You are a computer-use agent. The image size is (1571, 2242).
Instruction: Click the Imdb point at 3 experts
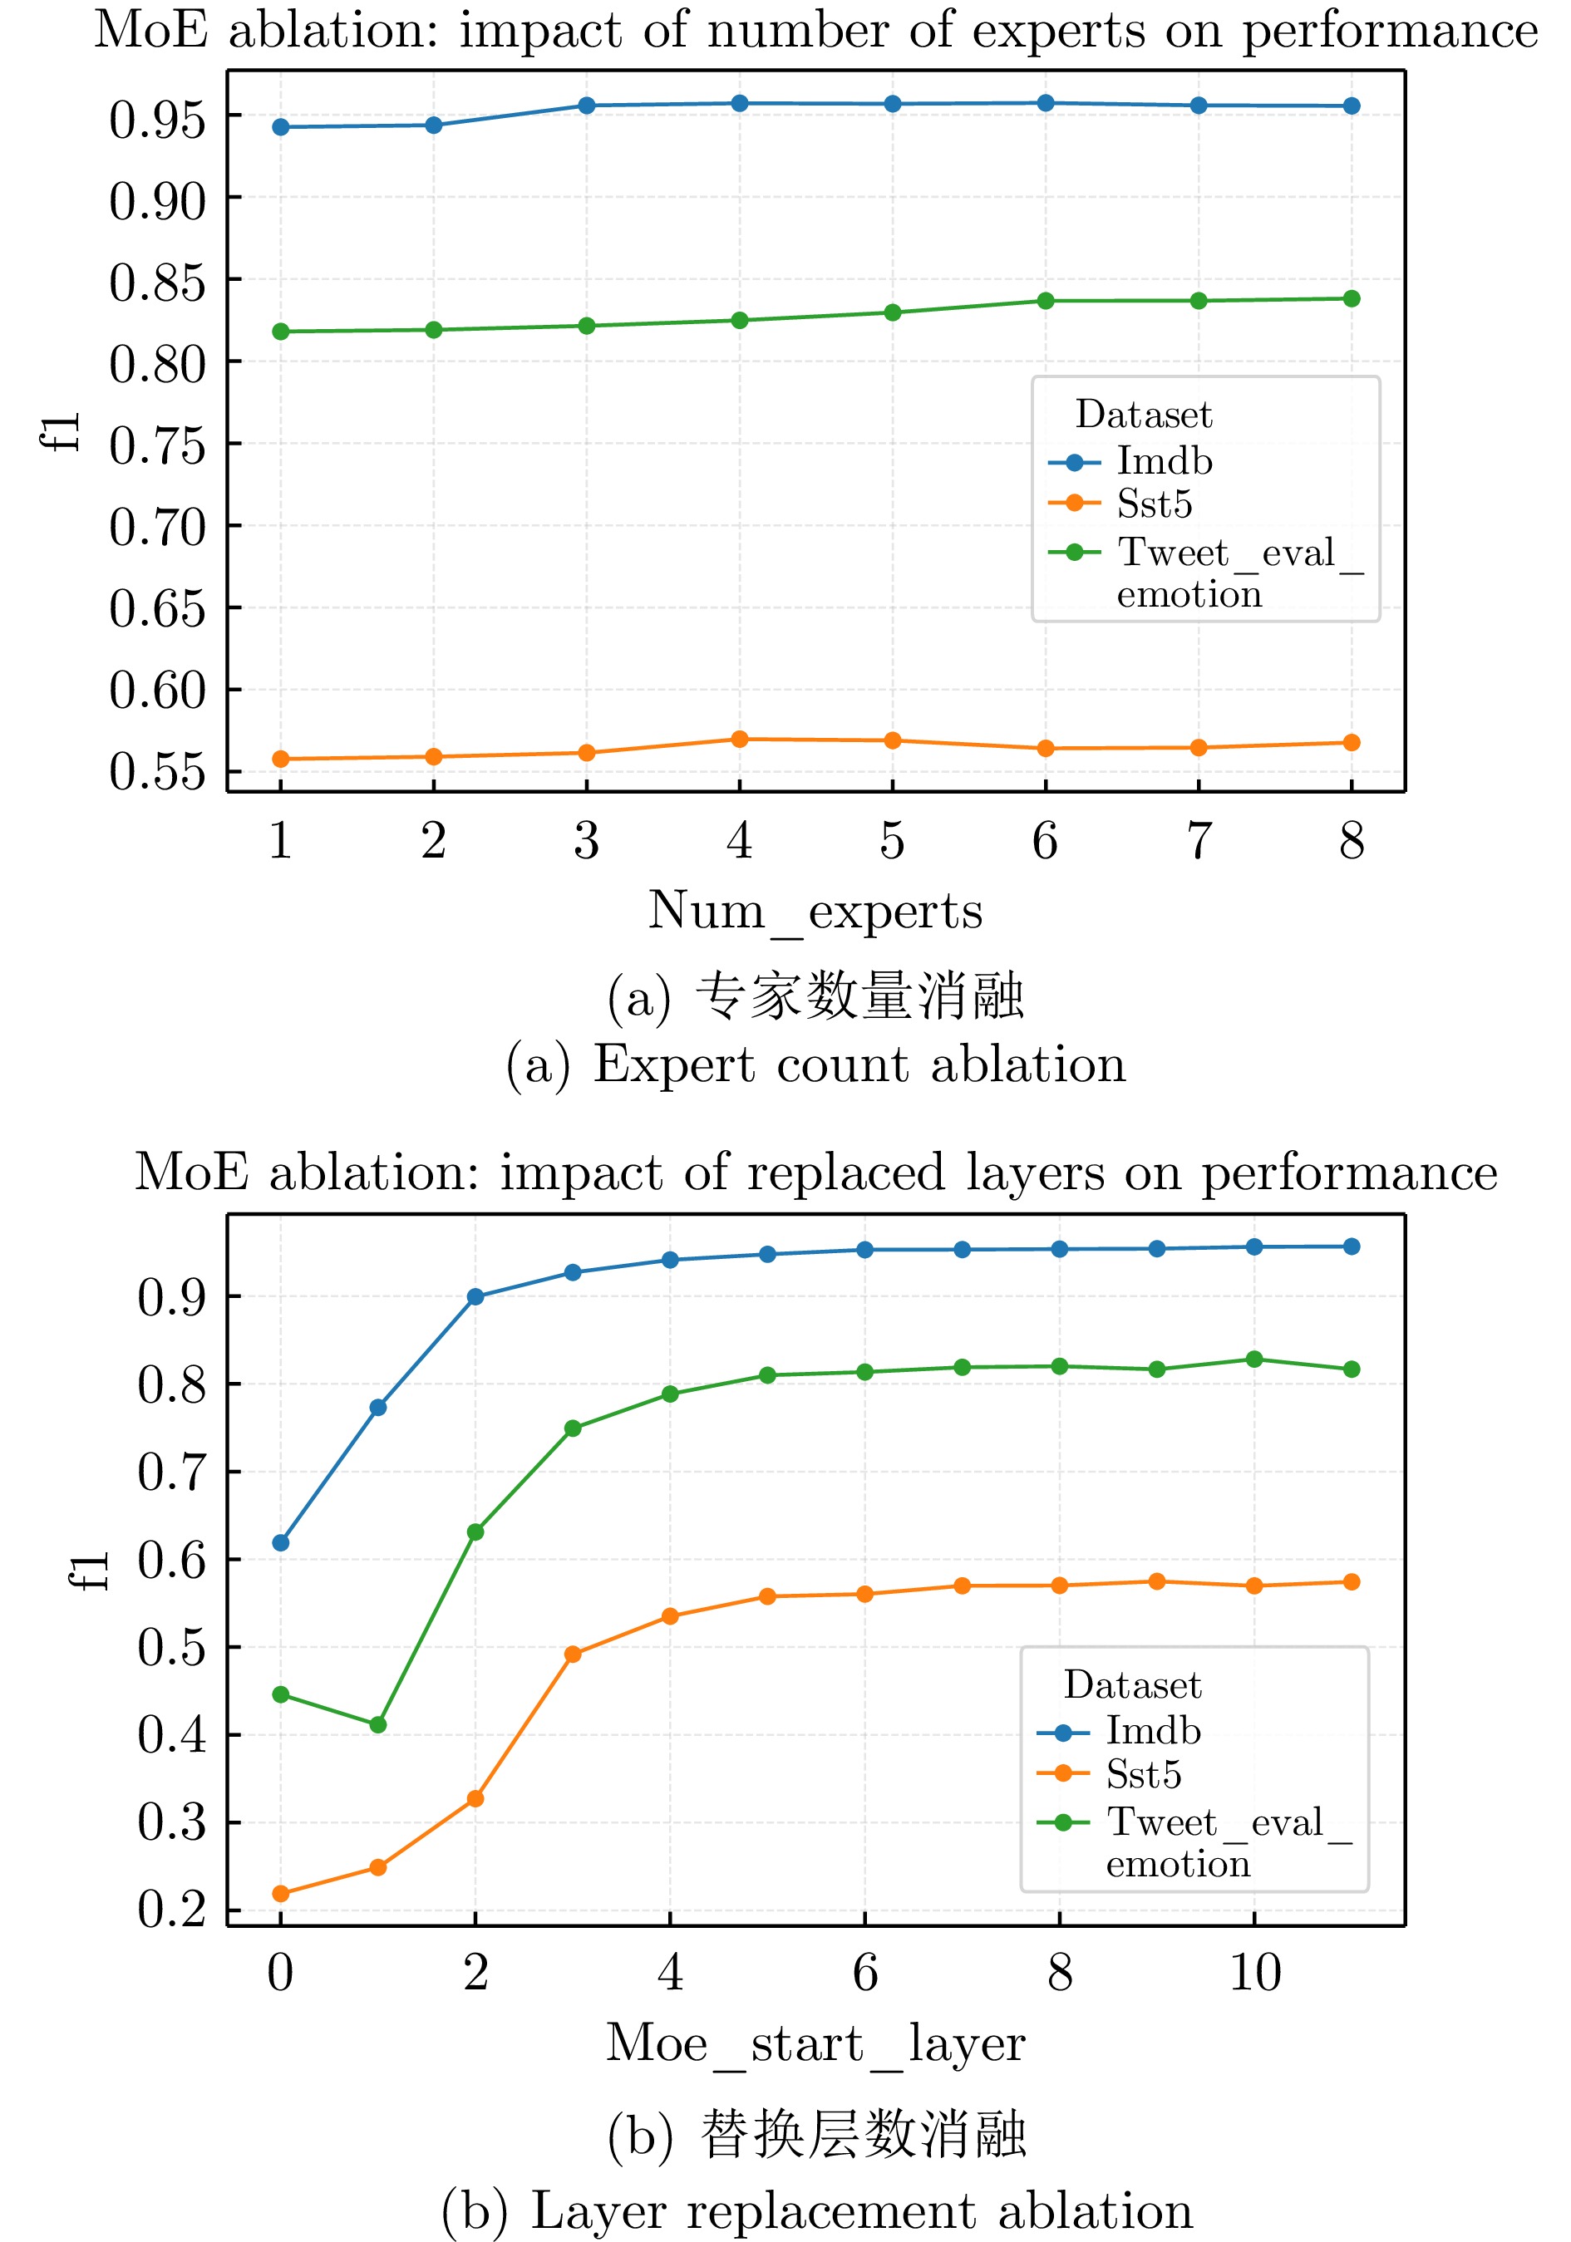586,106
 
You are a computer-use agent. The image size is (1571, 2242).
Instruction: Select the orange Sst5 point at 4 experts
740,740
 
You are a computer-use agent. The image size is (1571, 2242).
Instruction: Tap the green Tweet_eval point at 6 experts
1046,301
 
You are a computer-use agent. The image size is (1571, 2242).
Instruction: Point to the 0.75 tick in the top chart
157,446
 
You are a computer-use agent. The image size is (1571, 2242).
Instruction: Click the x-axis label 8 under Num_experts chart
1352,842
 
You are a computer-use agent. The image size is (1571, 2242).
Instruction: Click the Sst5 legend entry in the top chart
1154,504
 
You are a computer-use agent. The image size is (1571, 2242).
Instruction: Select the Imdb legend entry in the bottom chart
1152,1731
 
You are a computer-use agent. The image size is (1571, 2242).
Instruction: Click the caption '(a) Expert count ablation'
815,1064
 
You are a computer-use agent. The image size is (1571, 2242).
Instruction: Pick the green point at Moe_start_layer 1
378,1724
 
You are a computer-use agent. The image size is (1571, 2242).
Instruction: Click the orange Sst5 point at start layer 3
573,1654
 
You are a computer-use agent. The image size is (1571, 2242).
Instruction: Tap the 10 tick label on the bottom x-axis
1254,1973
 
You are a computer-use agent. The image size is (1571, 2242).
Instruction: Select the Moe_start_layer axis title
815,2043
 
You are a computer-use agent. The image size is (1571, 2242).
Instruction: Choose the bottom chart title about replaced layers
815,1173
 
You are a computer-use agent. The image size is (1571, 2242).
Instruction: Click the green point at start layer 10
1254,1359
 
